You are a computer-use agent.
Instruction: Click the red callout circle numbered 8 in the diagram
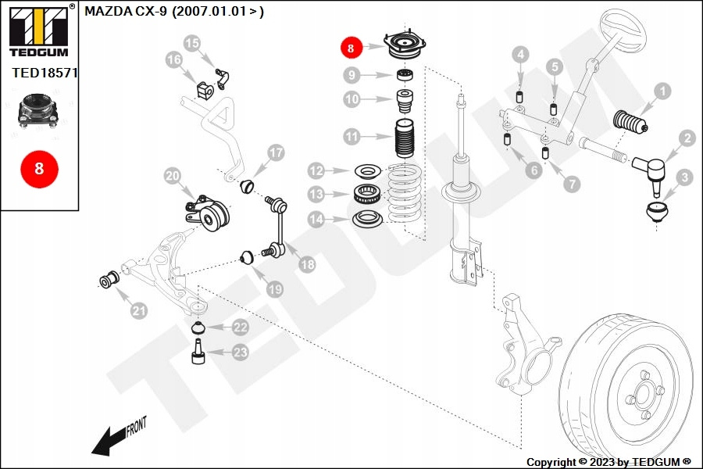[350, 48]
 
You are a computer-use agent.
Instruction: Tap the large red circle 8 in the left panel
[39, 169]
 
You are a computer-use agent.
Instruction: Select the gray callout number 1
[662, 92]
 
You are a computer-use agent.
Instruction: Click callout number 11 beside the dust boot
[352, 137]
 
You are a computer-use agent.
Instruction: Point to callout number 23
[240, 353]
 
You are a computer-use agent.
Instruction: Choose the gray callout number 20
[172, 177]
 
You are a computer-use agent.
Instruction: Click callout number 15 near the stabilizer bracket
[191, 44]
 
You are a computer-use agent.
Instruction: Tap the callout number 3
[683, 177]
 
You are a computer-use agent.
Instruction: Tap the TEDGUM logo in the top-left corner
[37, 31]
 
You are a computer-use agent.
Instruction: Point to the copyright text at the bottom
[608, 462]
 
